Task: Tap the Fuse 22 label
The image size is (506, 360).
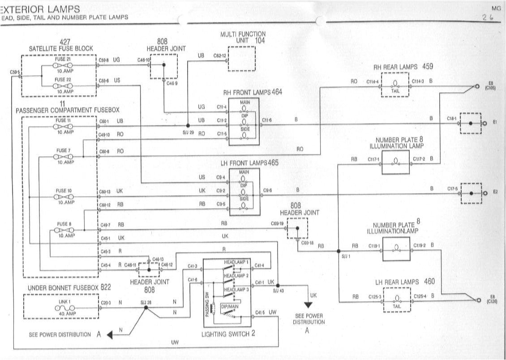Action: pyautogui.click(x=63, y=79)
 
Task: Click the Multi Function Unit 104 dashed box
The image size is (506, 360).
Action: pyautogui.click(x=241, y=59)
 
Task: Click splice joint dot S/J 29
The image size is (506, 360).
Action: pyautogui.click(x=188, y=125)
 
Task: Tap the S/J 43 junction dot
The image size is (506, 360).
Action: pyautogui.click(x=278, y=285)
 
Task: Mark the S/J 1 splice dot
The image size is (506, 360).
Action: pyautogui.click(x=339, y=251)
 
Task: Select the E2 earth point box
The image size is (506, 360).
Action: pyautogui.click(x=471, y=193)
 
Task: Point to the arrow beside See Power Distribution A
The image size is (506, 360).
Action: pyautogui.click(x=109, y=335)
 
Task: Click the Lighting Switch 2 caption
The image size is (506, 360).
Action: pyautogui.click(x=228, y=334)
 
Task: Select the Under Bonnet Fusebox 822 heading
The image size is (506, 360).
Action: pyautogui.click(x=69, y=287)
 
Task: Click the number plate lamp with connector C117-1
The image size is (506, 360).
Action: pyautogui.click(x=395, y=162)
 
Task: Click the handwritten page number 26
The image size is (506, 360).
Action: pyautogui.click(x=487, y=18)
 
